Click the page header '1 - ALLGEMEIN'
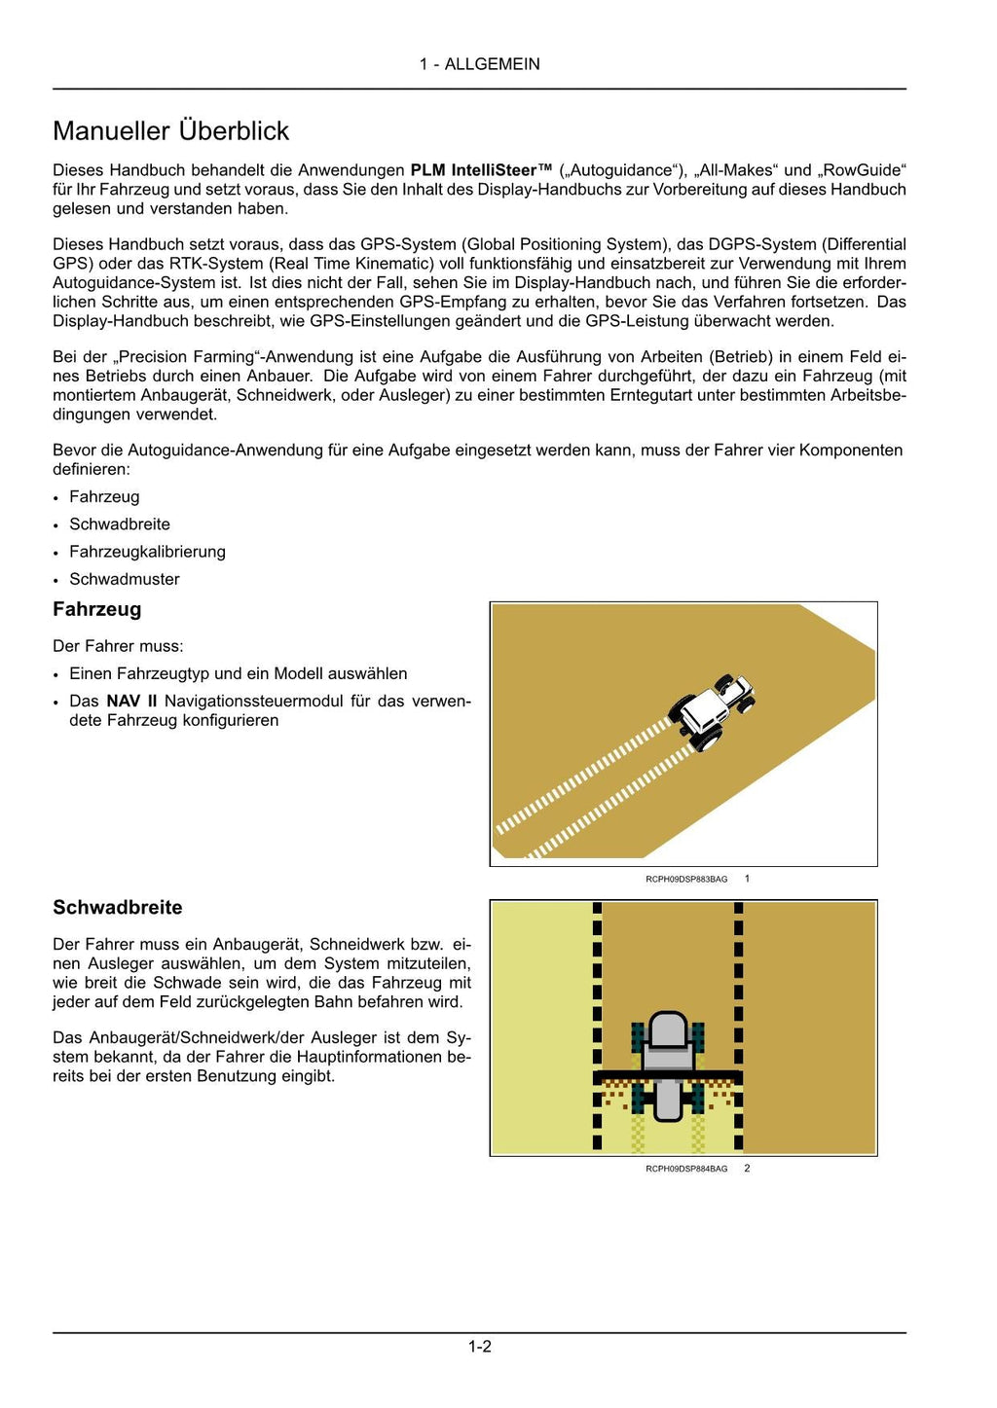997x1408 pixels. [479, 64]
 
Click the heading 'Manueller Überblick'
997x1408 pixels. [171, 131]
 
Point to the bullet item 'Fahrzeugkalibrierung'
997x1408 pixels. [147, 552]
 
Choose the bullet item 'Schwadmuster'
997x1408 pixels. [125, 579]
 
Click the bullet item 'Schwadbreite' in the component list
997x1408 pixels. [120, 524]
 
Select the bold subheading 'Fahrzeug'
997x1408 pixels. [96, 610]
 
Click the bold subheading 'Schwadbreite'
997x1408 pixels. [118, 908]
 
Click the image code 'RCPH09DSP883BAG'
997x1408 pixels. [686, 880]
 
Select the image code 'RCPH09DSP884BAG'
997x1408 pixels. [686, 1169]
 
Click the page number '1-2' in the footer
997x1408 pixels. [479, 1347]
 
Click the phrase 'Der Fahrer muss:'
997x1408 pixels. [118, 646]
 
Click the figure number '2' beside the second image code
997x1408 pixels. [747, 1169]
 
